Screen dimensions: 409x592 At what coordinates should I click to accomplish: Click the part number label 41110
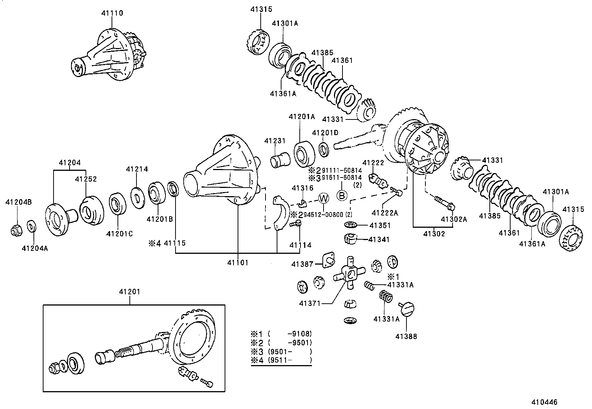pos(112,13)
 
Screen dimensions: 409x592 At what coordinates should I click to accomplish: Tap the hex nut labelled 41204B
pos(16,231)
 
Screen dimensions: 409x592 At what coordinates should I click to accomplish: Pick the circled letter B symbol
pos(342,195)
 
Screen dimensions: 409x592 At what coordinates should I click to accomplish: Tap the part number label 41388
pos(406,336)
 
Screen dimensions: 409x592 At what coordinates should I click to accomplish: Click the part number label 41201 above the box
pos(130,292)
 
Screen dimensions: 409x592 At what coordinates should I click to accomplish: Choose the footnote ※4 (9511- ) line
pos(281,360)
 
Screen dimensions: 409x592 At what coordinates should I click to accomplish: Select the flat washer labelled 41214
pos(138,196)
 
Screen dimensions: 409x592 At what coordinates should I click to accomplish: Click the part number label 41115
pos(175,243)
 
